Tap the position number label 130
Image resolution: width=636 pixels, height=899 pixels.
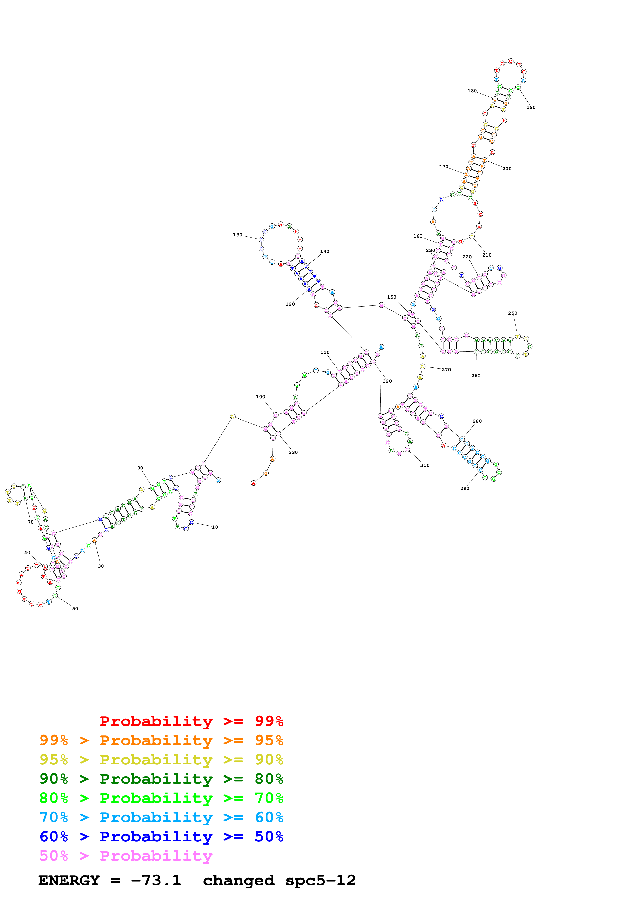pos(238,235)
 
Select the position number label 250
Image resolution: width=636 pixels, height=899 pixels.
pos(513,313)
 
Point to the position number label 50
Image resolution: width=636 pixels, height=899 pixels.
pos(75,608)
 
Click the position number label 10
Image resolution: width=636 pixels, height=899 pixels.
pos(215,527)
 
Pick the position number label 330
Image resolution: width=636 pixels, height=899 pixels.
pos(293,452)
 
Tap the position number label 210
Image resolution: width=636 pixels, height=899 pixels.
pos(487,255)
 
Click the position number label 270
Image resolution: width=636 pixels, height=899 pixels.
pos(446,370)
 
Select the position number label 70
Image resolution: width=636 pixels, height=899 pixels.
pos(30,522)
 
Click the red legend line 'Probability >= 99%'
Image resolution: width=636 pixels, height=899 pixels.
pos(191,721)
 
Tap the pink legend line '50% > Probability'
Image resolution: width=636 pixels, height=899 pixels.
pos(126,856)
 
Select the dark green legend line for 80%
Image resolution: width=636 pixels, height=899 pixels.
pos(161,779)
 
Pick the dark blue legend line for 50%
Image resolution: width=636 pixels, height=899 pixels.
pos(161,837)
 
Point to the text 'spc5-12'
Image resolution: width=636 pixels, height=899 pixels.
pos(320,881)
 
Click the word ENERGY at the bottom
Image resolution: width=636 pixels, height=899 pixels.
pos(69,881)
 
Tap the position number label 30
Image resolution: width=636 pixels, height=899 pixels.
pos(101,566)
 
